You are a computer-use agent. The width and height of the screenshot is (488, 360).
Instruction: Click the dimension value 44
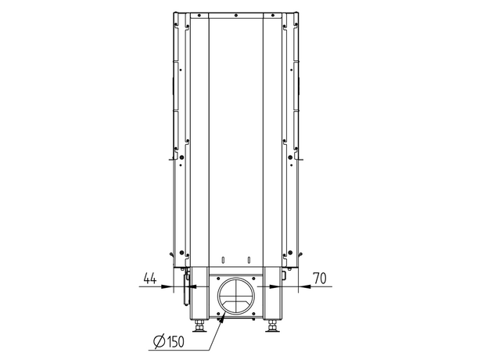[x=150, y=278]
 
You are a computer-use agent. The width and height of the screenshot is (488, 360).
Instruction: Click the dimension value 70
[x=320, y=278]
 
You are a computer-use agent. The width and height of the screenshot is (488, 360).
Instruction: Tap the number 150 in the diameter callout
[x=175, y=342]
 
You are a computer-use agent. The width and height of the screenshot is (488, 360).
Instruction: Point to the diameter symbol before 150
[x=160, y=342]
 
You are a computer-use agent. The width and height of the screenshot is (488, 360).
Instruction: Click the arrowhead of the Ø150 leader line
[x=221, y=319]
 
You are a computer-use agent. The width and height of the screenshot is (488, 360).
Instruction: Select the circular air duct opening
[x=236, y=295]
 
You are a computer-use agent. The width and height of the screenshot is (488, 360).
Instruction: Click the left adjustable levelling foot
[x=199, y=327]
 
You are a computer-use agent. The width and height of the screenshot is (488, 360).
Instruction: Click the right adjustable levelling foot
[x=272, y=327]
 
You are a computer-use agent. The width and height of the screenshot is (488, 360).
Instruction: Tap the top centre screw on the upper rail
[x=236, y=15]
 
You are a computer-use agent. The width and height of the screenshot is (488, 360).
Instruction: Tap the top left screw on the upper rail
[x=199, y=15]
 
